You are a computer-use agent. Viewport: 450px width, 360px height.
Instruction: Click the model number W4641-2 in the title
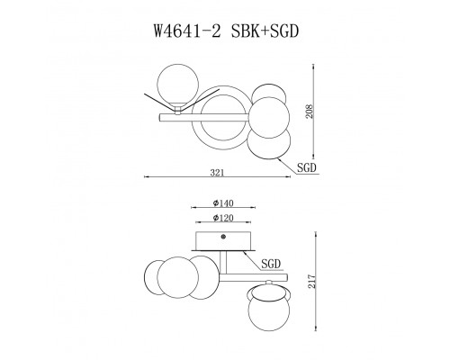coord(187,31)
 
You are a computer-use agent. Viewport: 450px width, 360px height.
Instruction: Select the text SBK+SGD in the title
coord(265,31)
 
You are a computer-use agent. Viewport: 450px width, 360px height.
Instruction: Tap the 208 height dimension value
coord(310,112)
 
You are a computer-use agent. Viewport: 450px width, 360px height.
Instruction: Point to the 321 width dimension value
coord(217,173)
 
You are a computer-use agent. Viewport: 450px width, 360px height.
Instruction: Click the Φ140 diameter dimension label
coord(223,203)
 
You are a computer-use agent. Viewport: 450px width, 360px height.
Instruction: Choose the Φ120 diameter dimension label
coord(223,218)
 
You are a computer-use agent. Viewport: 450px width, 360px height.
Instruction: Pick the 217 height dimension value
coord(312,282)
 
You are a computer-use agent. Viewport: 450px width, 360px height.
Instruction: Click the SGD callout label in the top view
coord(307,167)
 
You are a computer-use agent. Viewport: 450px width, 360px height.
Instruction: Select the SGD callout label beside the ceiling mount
coord(271,264)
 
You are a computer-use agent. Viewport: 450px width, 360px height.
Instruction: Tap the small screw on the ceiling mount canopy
coord(223,237)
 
